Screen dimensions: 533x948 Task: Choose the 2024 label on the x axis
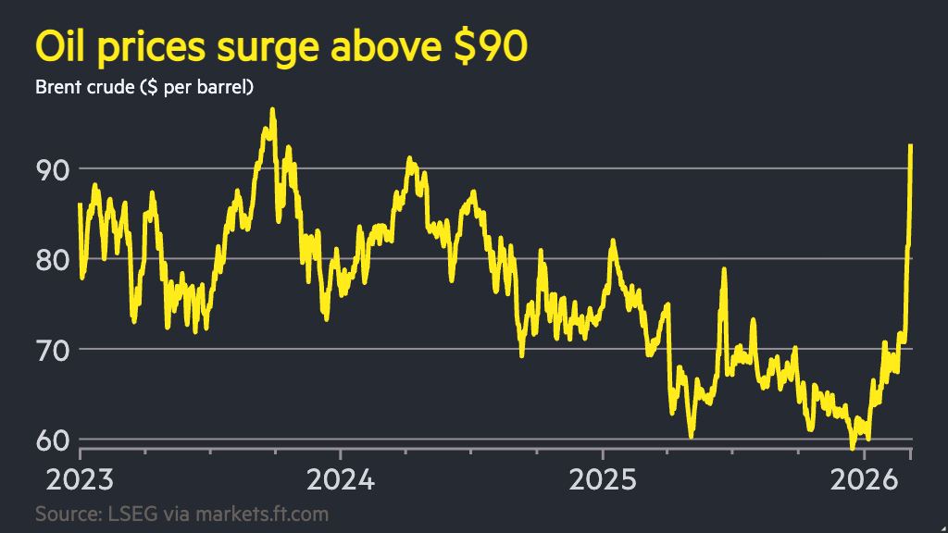point(340,481)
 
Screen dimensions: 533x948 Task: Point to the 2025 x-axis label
point(603,481)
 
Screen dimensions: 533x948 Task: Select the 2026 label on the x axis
point(865,481)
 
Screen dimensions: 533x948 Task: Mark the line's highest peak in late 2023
point(271,110)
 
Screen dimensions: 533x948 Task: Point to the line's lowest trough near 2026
point(853,448)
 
